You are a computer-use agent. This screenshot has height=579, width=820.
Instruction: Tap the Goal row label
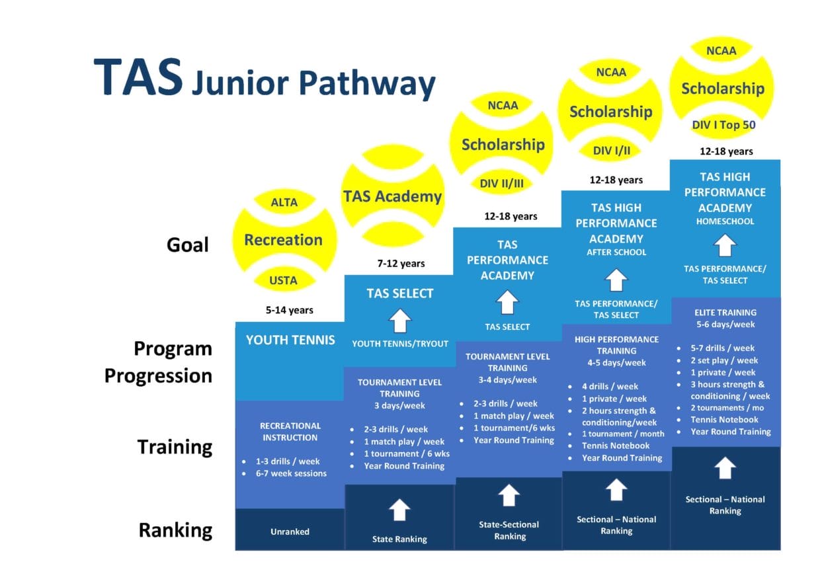pos(187,245)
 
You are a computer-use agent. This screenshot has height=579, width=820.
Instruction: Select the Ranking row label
pos(175,530)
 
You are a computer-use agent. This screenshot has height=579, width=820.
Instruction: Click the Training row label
pos(175,447)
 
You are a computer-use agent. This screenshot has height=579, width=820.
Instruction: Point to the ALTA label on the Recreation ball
pos(284,202)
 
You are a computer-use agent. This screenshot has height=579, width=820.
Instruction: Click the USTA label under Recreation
pos(284,280)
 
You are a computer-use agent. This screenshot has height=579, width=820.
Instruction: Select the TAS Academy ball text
pos(392,196)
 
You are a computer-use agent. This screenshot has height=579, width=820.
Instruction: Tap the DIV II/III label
pos(502,183)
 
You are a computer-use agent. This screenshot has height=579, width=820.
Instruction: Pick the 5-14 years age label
pos(290,309)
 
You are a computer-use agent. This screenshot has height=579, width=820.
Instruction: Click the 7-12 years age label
pos(401,264)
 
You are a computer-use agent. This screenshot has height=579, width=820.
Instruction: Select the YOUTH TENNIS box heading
pos(290,340)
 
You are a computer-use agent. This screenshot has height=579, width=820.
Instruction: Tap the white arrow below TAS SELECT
pos(399,321)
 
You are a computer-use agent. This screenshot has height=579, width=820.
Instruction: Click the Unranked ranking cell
pos(290,531)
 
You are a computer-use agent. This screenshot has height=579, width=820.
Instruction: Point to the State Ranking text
pos(399,539)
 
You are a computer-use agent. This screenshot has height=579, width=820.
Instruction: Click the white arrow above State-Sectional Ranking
pos(508,494)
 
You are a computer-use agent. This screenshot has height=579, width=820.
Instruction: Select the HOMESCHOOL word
pos(725,221)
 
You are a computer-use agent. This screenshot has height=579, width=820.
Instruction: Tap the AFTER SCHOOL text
pos(616,252)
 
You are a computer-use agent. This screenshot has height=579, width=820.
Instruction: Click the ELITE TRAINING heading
pos(725,312)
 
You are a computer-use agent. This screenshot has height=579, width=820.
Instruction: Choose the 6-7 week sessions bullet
pos(291,473)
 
